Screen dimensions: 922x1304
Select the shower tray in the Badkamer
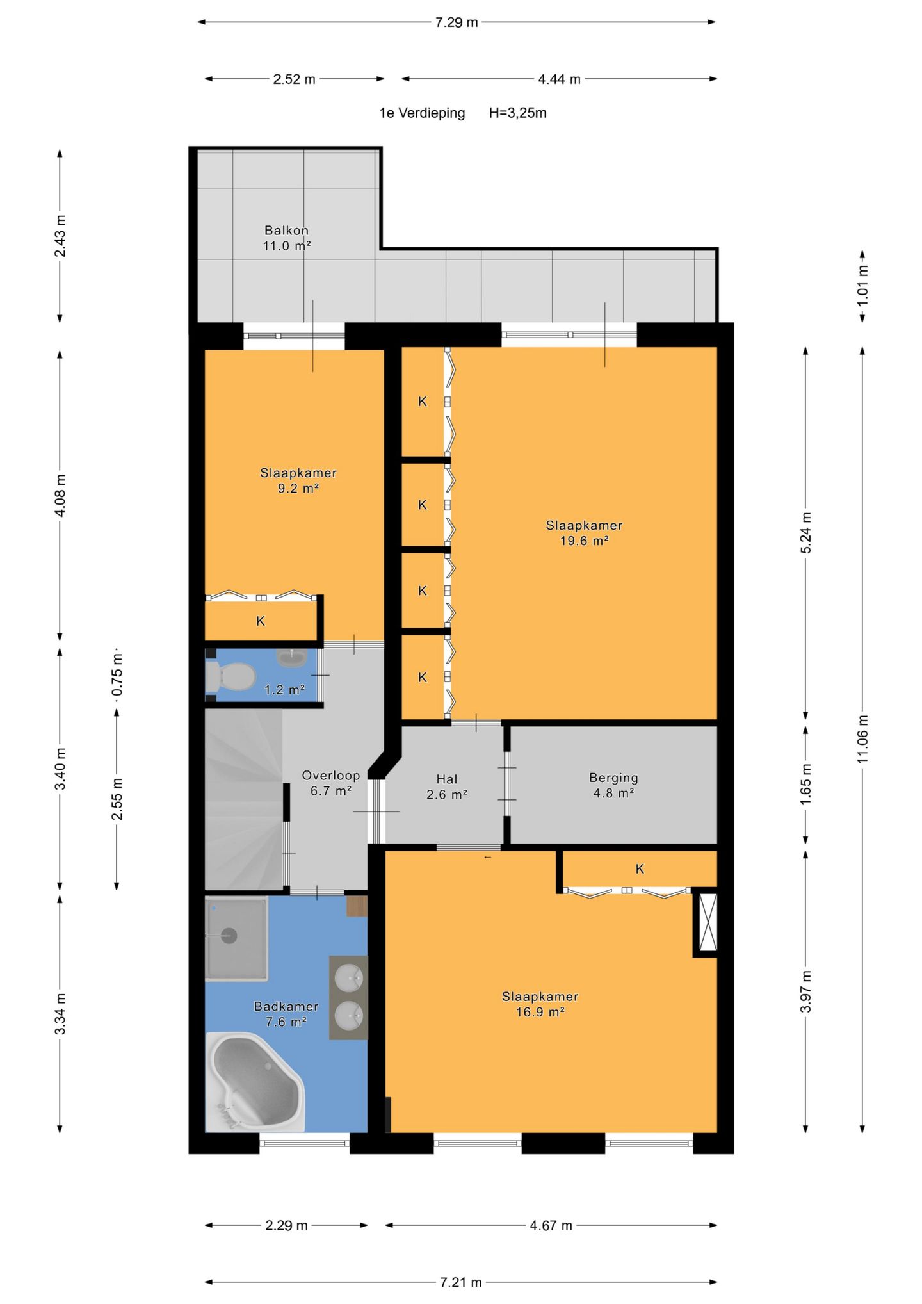[236, 939]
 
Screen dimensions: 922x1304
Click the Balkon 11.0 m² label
[287, 238]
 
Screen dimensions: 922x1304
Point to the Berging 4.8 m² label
[613, 785]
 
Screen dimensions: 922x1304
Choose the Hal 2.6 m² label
[447, 786]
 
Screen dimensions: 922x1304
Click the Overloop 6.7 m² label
[331, 783]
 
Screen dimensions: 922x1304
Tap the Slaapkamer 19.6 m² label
[584, 533]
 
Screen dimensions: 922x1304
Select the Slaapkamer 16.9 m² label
[540, 1004]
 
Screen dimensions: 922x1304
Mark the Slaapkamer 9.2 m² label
[298, 480]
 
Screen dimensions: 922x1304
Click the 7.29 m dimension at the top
[457, 22]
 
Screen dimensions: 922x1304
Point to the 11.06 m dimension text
[862, 738]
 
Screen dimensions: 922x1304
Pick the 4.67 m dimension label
[551, 1225]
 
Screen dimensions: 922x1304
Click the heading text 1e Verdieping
[422, 113]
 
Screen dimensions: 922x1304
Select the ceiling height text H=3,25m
[518, 113]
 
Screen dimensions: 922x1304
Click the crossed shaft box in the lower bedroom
[708, 922]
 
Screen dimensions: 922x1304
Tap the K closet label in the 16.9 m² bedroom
[640, 869]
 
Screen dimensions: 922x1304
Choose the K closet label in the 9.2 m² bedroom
[261, 621]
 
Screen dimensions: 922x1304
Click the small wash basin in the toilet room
[292, 658]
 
